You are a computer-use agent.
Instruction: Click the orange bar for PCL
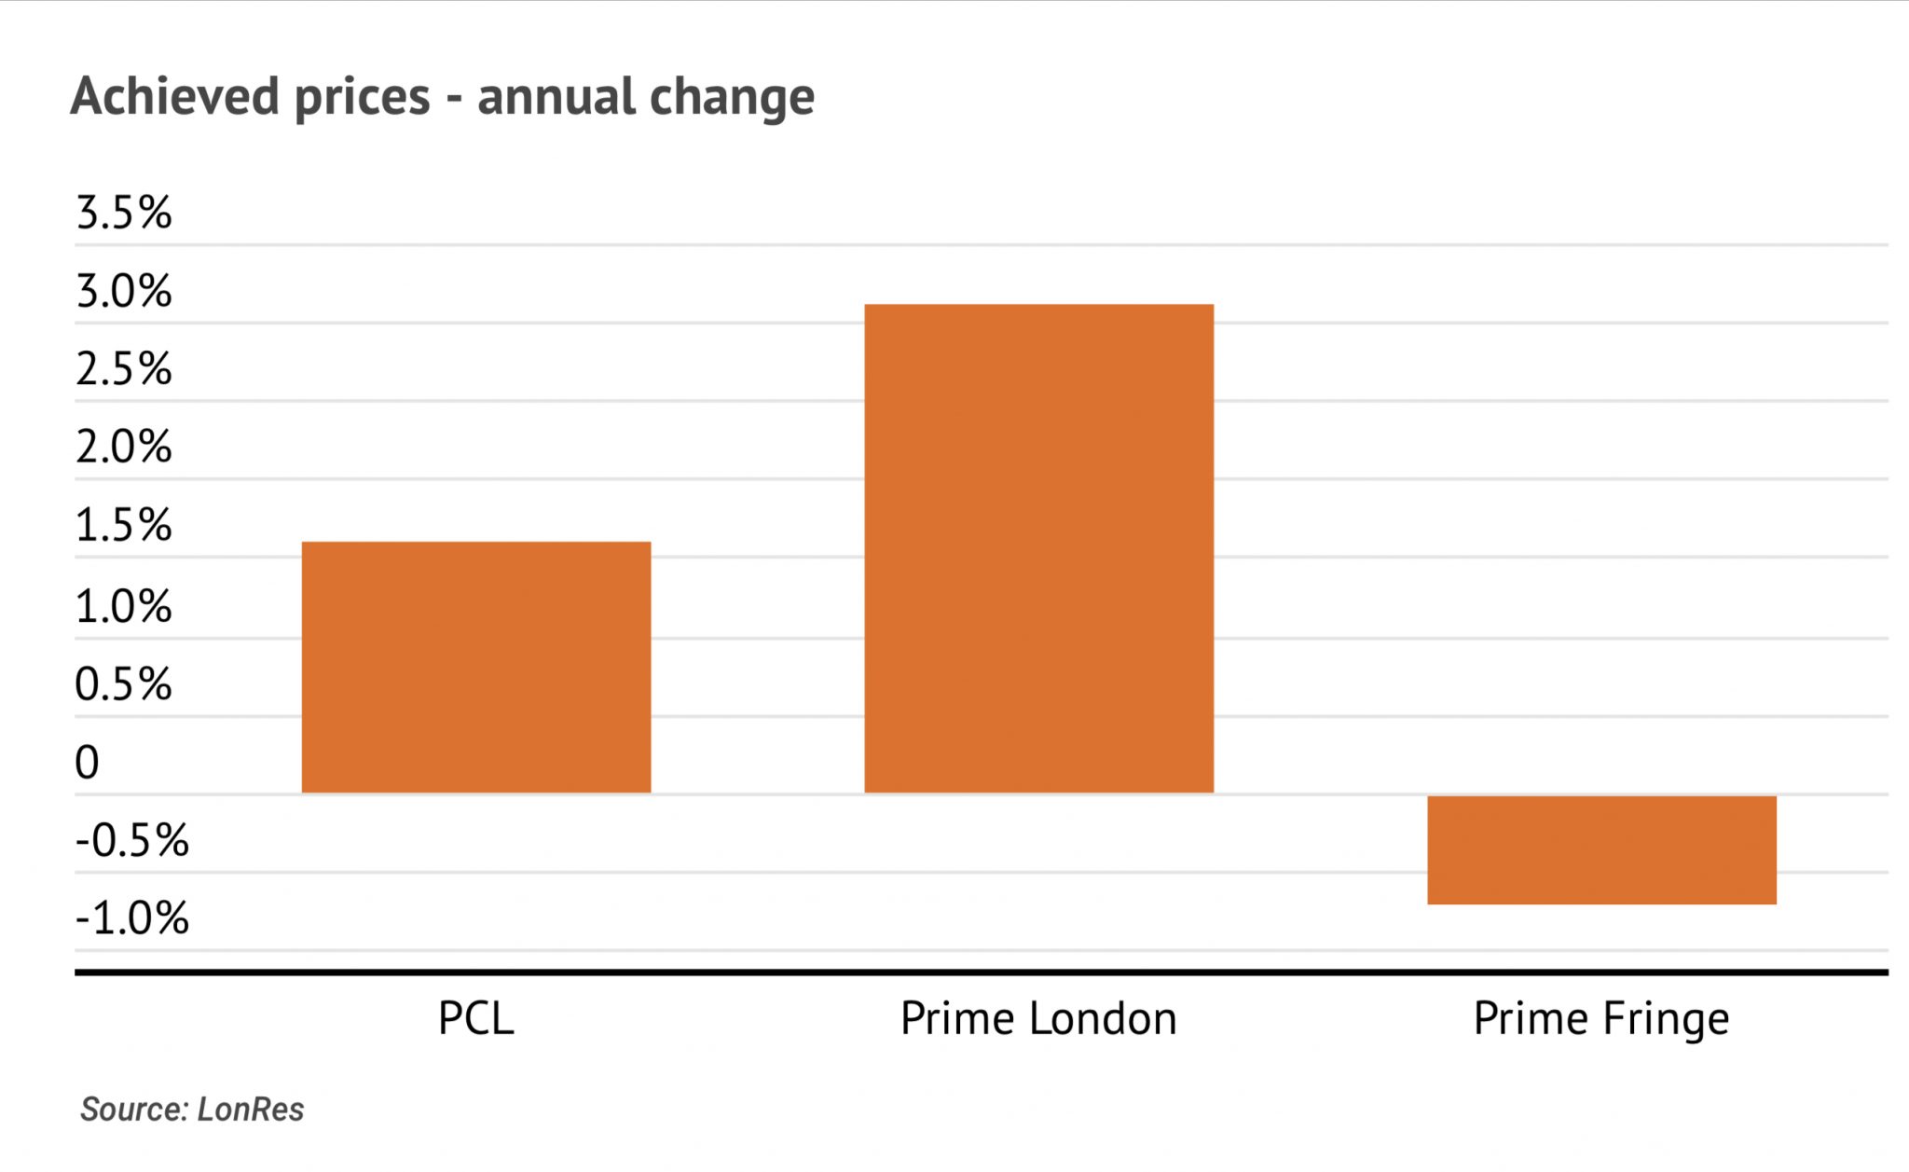pyautogui.click(x=476, y=667)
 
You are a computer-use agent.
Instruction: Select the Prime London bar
pyautogui.click(x=1038, y=548)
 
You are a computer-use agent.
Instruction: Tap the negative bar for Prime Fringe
pyautogui.click(x=1601, y=849)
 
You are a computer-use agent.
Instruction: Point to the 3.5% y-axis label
pyautogui.click(x=124, y=213)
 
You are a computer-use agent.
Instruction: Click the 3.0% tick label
pyautogui.click(x=124, y=291)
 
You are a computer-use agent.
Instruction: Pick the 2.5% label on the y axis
pyautogui.click(x=124, y=369)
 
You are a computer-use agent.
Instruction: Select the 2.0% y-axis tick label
pyautogui.click(x=124, y=447)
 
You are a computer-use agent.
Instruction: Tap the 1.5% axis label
pyautogui.click(x=124, y=525)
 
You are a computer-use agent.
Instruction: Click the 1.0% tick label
pyautogui.click(x=124, y=606)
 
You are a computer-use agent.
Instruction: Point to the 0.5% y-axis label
pyautogui.click(x=124, y=684)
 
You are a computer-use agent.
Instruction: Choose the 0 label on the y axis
pyautogui.click(x=87, y=763)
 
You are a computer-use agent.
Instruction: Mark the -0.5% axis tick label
pyautogui.click(x=132, y=840)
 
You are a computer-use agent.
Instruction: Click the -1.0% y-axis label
pyautogui.click(x=132, y=918)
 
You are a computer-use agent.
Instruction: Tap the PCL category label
pyautogui.click(x=475, y=1018)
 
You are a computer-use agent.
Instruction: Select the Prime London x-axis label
pyautogui.click(x=1038, y=1018)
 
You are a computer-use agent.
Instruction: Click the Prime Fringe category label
pyautogui.click(x=1600, y=1018)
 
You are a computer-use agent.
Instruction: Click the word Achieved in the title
pyautogui.click(x=174, y=96)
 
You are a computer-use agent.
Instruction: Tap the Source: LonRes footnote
pyautogui.click(x=192, y=1109)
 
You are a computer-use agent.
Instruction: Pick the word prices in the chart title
pyautogui.click(x=363, y=98)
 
